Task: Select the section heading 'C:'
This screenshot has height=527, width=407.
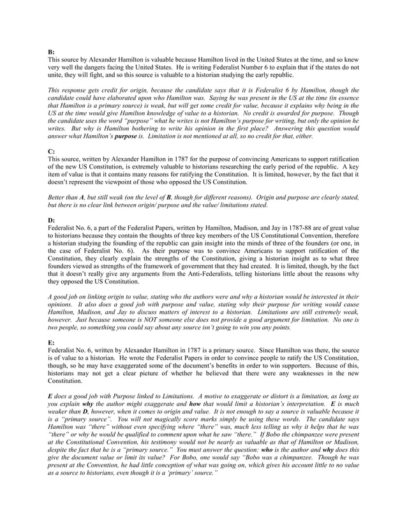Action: (x=51, y=151)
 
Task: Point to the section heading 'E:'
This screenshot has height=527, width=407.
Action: (x=51, y=343)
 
